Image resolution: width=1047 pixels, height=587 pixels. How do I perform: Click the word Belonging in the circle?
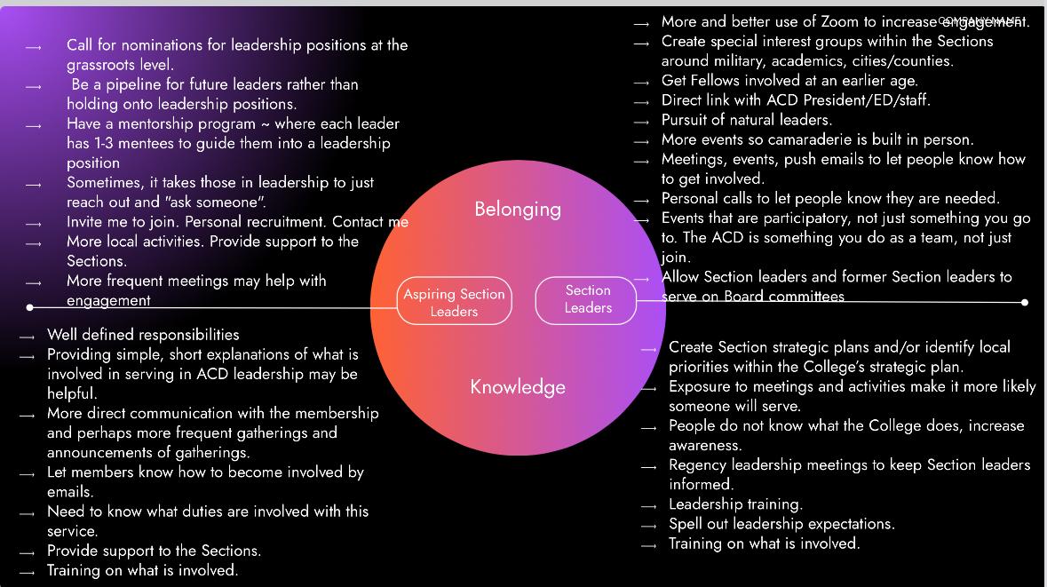pyautogui.click(x=517, y=210)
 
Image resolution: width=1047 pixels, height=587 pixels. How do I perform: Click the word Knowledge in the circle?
pyautogui.click(x=518, y=387)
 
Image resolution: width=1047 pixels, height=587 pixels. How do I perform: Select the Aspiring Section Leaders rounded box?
pyautogui.click(x=454, y=302)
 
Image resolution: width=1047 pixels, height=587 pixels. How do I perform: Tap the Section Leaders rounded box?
pyautogui.click(x=588, y=299)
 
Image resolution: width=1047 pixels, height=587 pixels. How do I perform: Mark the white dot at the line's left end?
pyautogui.click(x=30, y=307)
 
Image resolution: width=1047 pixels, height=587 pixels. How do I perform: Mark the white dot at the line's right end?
pyautogui.click(x=1025, y=303)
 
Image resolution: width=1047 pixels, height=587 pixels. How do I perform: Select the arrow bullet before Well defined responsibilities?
pyautogui.click(x=28, y=337)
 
